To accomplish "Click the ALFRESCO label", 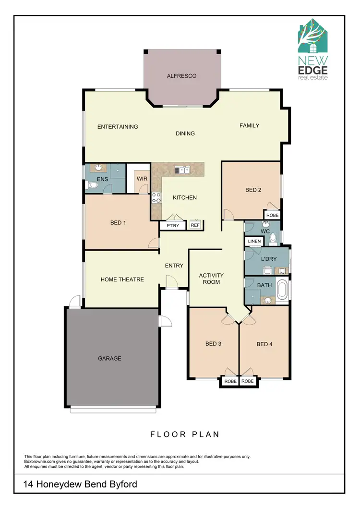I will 182,76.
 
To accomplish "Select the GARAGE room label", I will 109,358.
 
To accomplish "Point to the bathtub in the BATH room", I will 284,290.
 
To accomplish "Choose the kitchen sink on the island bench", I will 182,170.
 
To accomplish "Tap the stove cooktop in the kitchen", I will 156,197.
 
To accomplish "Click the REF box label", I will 195,225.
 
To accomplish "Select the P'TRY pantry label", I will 172,225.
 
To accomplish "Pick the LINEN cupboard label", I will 255,241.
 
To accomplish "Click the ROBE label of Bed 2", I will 272,216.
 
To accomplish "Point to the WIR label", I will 142,179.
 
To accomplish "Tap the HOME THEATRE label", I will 122,279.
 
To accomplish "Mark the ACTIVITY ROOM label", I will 211,279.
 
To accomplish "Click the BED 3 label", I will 213,344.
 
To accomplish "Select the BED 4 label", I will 264,344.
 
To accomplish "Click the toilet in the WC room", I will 273,238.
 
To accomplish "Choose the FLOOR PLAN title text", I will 185,435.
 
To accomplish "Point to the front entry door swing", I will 171,281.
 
